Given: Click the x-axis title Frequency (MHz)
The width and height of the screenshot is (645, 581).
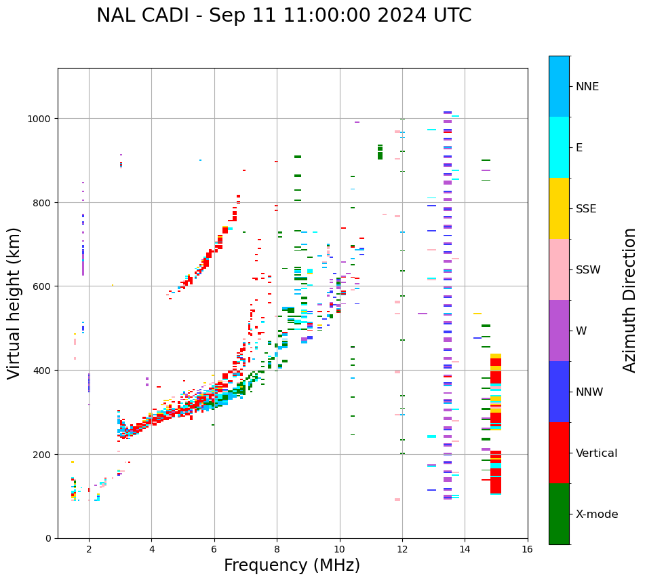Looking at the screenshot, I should (292, 565).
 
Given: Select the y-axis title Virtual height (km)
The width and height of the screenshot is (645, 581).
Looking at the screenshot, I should (14, 303).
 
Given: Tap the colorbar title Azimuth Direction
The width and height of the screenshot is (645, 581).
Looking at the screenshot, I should (630, 300).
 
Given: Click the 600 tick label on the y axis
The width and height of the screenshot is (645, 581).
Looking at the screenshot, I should (43, 286).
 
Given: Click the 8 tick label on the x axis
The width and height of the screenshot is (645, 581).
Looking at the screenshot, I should (277, 550).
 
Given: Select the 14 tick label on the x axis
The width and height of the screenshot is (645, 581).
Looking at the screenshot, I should (465, 550).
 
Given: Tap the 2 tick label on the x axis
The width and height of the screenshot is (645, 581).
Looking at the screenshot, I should (89, 550).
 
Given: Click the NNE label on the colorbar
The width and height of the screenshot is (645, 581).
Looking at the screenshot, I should (587, 87).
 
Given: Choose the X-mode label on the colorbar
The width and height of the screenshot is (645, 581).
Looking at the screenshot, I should (597, 514).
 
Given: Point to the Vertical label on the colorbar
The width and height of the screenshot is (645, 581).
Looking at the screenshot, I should (597, 453).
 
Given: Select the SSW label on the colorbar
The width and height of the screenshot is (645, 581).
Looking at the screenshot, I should (588, 270).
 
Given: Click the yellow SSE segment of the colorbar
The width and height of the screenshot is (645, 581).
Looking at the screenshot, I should (559, 208).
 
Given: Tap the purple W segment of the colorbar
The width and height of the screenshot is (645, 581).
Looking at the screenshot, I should (559, 331).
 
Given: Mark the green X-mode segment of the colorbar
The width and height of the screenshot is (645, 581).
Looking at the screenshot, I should (559, 514).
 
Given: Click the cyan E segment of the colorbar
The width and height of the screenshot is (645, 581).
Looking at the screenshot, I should (559, 147).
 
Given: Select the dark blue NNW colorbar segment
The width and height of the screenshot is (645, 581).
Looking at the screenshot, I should (559, 392).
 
